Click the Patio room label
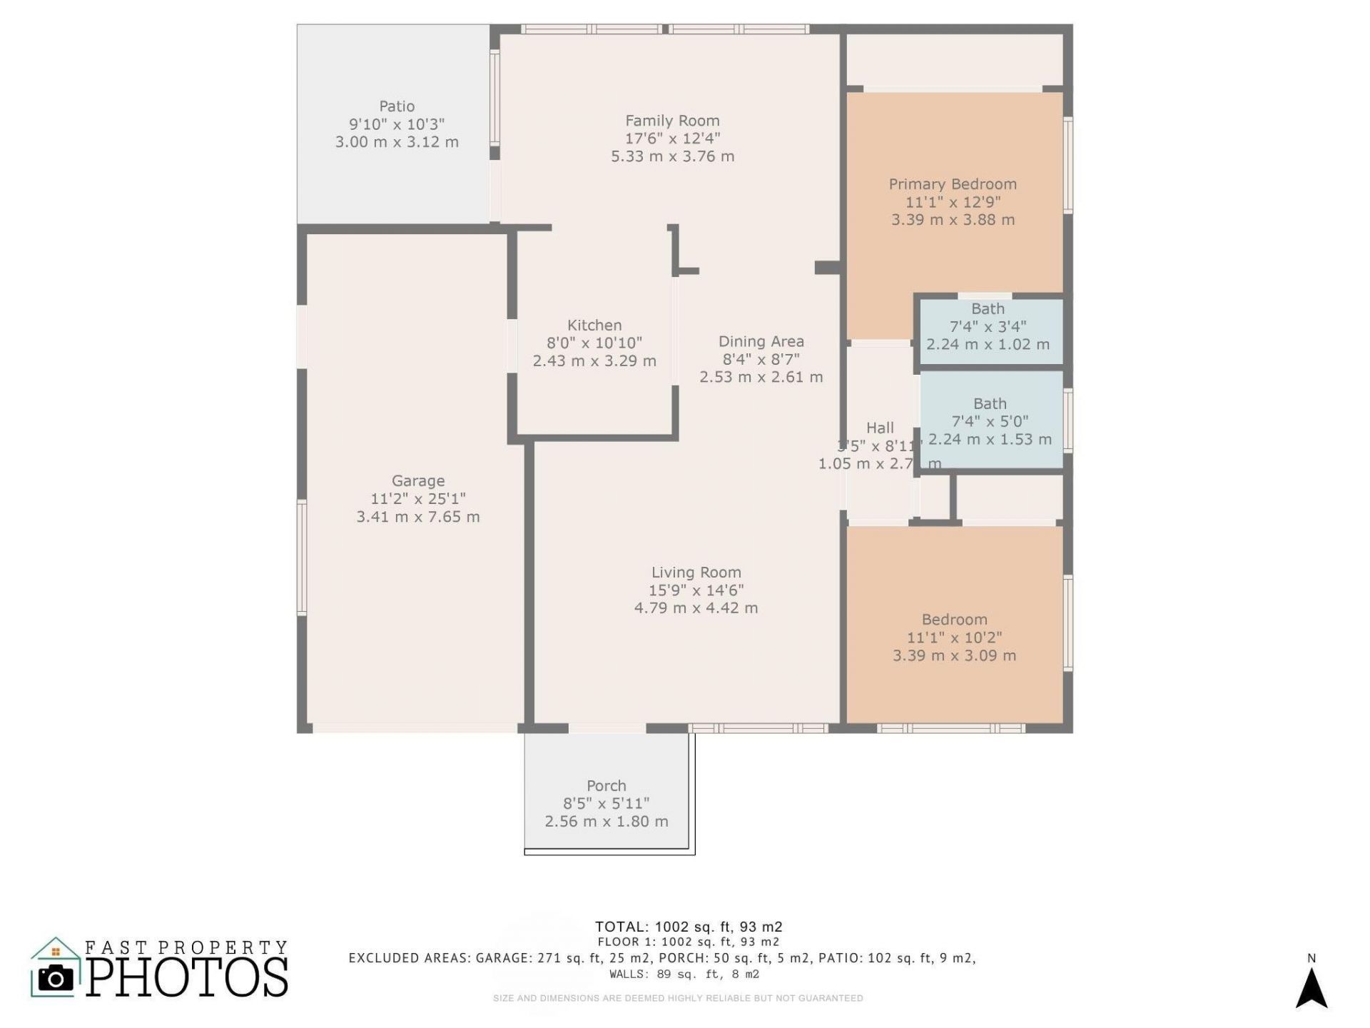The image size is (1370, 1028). [x=397, y=106]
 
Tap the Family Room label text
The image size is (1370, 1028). [x=672, y=121]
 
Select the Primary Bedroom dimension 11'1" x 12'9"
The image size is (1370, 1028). [x=953, y=202]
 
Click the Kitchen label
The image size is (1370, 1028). [x=594, y=325]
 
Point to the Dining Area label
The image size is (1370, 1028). [x=761, y=341]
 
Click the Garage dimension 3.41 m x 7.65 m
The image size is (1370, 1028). [x=418, y=517]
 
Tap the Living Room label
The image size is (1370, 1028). [x=696, y=573]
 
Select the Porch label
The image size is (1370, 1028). [x=606, y=785]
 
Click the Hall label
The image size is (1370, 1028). [x=879, y=428]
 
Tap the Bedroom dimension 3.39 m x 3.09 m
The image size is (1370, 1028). [x=954, y=655]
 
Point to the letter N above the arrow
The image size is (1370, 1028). [x=1311, y=958]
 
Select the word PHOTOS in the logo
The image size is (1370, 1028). [x=188, y=977]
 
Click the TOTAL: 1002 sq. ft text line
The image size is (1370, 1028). [x=689, y=927]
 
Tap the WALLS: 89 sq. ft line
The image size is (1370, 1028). [x=684, y=974]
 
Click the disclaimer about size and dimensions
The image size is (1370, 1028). [x=678, y=998]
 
